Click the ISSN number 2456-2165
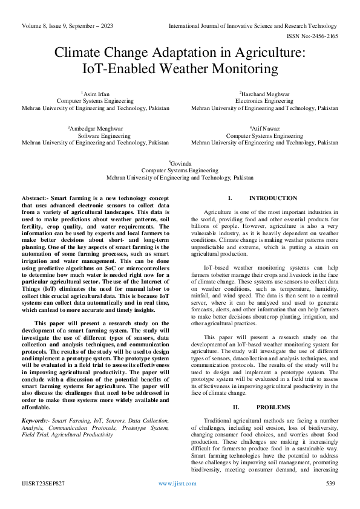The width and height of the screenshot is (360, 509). coord(324,36)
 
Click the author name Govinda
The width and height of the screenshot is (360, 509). coord(181,163)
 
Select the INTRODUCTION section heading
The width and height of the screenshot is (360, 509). coord(264,198)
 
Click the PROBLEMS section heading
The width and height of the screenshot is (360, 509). coord(264,407)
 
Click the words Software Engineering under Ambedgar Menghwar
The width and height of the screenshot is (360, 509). coord(95,136)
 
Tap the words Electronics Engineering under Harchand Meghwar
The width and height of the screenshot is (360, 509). coord(264,101)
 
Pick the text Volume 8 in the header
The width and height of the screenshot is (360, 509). coord(36,26)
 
